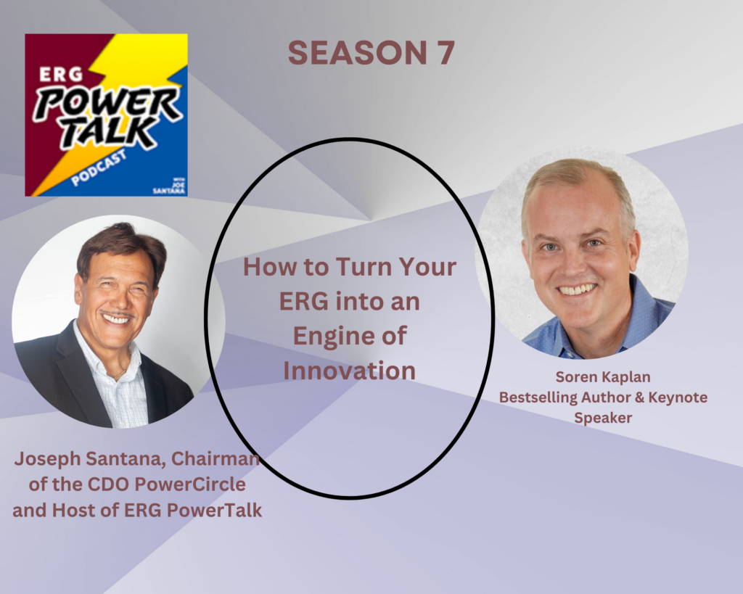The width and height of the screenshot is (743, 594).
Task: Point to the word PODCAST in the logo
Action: [99, 168]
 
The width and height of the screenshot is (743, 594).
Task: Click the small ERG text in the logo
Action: [61, 74]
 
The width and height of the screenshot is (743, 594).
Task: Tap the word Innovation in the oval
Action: [350, 371]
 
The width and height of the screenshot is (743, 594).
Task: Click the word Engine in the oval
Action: [326, 337]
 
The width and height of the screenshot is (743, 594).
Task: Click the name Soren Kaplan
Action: [603, 376]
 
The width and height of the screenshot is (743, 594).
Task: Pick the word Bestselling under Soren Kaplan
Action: [538, 397]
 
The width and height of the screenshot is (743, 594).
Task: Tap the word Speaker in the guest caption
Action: [603, 418]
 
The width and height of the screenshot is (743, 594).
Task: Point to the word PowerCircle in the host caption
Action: [190, 484]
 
